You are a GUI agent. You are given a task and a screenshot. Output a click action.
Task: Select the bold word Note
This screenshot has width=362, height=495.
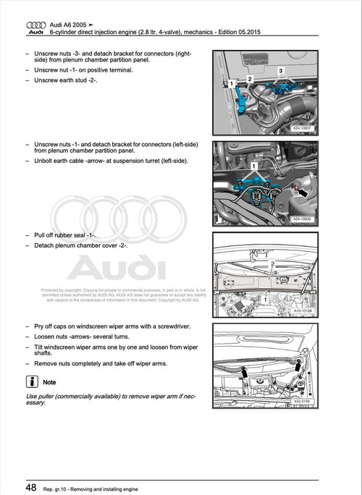[50, 381]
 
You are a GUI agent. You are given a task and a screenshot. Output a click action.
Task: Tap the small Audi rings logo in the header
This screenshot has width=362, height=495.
[35, 25]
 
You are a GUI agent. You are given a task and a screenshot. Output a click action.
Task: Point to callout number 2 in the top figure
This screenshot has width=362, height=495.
[249, 78]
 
